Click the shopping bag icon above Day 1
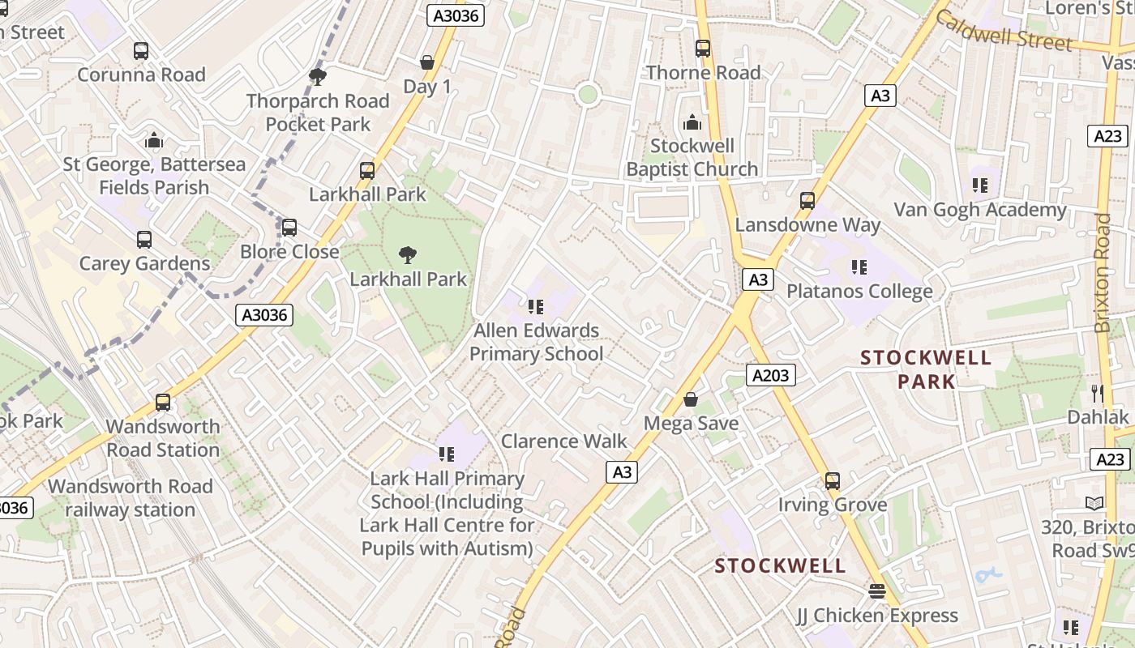(x=426, y=62)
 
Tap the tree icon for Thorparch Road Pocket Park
(x=318, y=77)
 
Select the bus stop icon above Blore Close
(x=289, y=228)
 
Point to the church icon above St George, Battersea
(x=154, y=140)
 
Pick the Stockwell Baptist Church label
(x=692, y=158)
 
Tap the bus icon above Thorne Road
(x=703, y=49)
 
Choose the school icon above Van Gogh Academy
(x=980, y=185)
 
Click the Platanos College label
(x=859, y=292)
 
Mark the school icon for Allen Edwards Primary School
(x=535, y=306)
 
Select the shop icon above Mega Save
(x=691, y=399)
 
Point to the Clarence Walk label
(x=564, y=441)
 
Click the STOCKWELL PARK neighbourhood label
(x=926, y=369)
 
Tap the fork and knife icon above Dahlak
(x=1098, y=394)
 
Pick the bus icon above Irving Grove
(x=833, y=481)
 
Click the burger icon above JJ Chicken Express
(x=876, y=591)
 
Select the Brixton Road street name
(x=1103, y=273)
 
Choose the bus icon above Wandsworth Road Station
(x=163, y=402)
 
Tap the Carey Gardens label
(x=144, y=264)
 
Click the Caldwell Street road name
(x=1004, y=32)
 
